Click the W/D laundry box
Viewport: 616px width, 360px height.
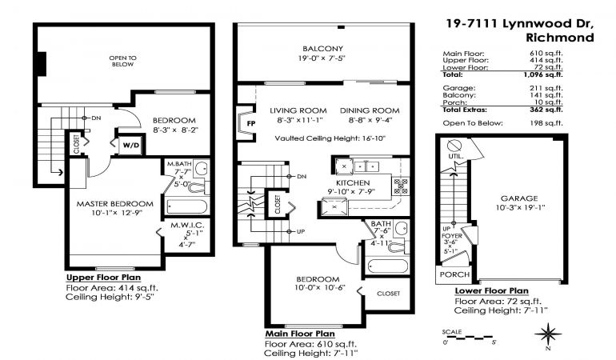[131, 146]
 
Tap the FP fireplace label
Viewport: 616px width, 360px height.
[251, 123]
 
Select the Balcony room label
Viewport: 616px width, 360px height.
[322, 49]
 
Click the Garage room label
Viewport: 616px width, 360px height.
[519, 198]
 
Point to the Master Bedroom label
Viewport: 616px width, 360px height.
[114, 203]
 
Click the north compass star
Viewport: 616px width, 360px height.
[548, 334]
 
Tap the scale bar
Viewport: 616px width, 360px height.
[468, 338]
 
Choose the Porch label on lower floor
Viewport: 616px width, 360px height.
[454, 274]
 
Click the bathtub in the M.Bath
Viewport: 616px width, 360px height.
[187, 206]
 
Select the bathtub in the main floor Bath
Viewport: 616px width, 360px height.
[388, 266]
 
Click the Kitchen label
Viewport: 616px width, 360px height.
[353, 182]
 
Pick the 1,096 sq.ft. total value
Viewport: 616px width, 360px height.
[543, 74]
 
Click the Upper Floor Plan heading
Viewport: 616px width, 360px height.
[103, 278]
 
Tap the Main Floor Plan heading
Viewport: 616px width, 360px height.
[300, 334]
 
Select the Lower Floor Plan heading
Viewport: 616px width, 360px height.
[491, 291]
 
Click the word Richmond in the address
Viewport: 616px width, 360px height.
[560, 38]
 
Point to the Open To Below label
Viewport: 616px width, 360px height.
[123, 61]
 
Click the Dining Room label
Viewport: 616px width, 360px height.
[370, 110]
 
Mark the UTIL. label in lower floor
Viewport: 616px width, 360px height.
[456, 156]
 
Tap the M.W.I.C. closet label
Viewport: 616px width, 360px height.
[187, 225]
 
